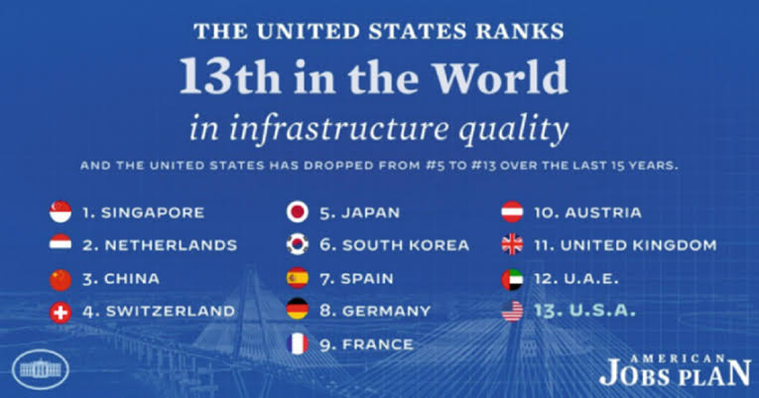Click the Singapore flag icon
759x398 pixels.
coord(61,211)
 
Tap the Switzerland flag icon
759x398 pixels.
coord(61,311)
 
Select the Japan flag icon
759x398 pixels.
coord(296,211)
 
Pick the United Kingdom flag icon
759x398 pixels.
coord(513,245)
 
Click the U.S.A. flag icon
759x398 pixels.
coord(513,311)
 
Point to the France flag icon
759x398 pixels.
coord(296,344)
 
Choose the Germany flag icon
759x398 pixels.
coord(296,311)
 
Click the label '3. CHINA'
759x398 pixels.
coord(122,279)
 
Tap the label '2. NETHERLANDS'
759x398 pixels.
coord(159,245)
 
